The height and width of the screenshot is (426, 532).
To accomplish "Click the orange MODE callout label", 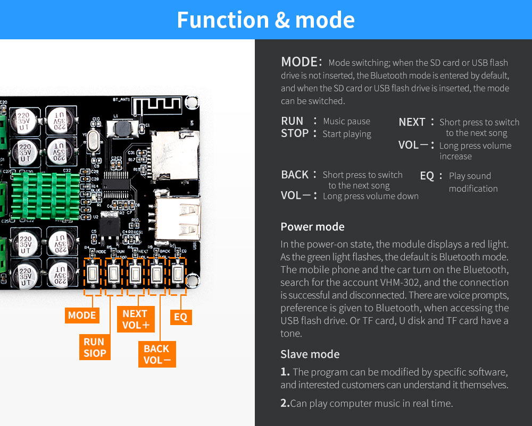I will click(82, 316).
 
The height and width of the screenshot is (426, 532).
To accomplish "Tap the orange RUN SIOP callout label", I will click(95, 347).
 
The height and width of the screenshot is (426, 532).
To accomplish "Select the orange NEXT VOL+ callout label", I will click(135, 319).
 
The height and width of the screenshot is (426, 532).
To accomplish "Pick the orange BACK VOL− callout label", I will click(157, 354).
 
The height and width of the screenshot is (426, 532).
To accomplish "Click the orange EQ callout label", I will click(180, 317).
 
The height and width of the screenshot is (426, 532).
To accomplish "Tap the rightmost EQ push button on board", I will click(178, 274).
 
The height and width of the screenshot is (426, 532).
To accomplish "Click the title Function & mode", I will click(265, 20).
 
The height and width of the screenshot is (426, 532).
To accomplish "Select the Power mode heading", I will click(312, 227).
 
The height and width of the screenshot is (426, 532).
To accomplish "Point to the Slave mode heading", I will click(310, 354).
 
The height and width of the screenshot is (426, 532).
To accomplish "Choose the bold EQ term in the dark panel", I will click(427, 176).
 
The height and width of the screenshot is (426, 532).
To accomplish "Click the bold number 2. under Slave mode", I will click(285, 403).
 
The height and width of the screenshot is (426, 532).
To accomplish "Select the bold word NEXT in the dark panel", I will click(412, 122).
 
